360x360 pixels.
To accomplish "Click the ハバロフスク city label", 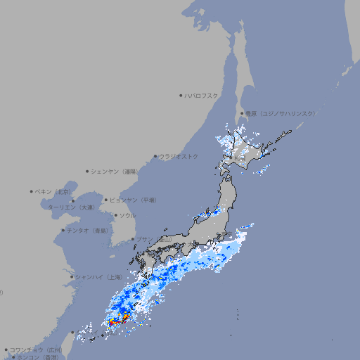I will [202, 95].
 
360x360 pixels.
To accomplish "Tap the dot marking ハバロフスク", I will [181, 95].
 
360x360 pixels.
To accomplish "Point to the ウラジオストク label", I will [179, 156].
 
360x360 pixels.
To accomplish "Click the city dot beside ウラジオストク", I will [155, 157].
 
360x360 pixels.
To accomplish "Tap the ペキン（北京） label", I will [53, 191].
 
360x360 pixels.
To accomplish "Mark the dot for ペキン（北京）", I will [32, 191].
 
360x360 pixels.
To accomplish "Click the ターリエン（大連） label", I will [71, 207].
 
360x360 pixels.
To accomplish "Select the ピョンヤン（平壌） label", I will [131, 200].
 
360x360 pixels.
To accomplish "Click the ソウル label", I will [127, 215].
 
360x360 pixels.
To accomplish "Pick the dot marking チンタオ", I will [63, 230].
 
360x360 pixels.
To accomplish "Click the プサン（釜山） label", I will [153, 239].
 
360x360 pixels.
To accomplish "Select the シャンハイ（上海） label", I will [98, 276].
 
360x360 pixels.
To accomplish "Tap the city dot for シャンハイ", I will [72, 276].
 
